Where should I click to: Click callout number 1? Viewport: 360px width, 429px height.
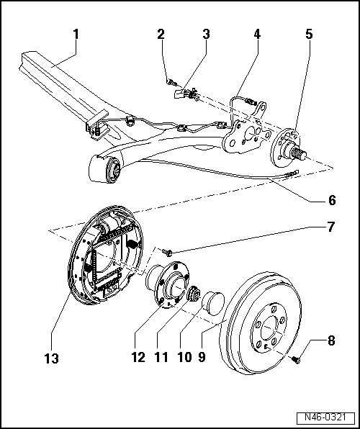pos(76,34)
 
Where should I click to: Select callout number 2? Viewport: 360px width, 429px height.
pos(161,34)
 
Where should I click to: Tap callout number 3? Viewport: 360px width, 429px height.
pos(206,34)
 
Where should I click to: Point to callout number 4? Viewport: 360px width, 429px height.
pos(257,34)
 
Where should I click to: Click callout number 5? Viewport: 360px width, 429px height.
pos(310,34)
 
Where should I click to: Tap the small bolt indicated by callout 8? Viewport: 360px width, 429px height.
pos(296,358)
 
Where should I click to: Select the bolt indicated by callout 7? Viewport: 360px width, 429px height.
pos(167,252)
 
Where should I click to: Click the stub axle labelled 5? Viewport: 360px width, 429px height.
pos(297,150)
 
